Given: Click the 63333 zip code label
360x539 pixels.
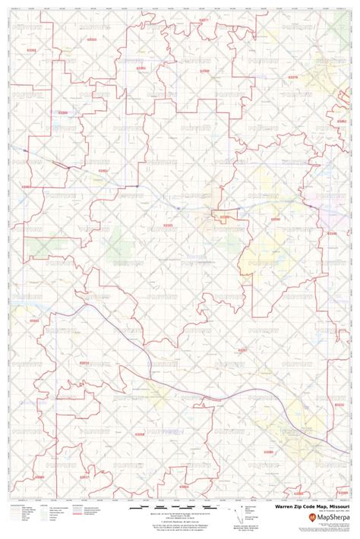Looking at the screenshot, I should pyautogui.click(x=93, y=37).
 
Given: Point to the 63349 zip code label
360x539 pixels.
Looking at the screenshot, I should pyautogui.click(x=204, y=71).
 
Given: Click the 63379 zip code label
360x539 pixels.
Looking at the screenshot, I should pyautogui.click(x=292, y=77).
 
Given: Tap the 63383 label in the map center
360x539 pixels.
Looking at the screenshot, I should pyautogui.click(x=168, y=225).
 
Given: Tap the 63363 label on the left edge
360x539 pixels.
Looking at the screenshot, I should pyautogui.click(x=27, y=186).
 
